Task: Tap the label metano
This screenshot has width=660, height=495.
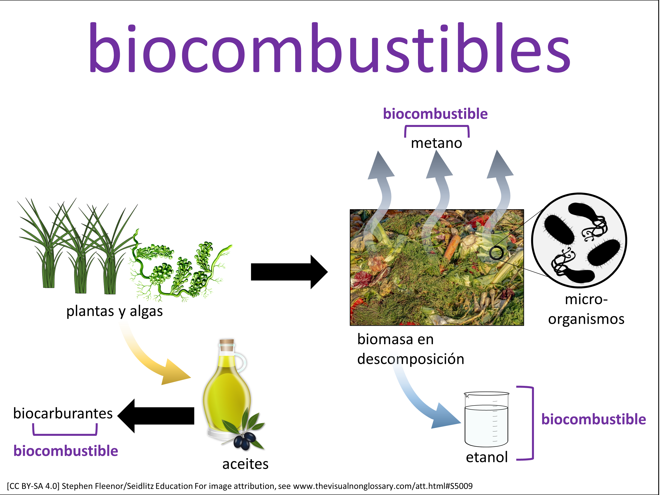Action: tap(436, 143)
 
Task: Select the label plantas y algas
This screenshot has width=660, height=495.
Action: tap(115, 311)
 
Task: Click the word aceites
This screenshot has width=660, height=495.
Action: tap(245, 464)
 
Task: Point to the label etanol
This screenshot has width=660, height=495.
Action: tap(487, 457)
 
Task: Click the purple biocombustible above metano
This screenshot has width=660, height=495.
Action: tap(435, 114)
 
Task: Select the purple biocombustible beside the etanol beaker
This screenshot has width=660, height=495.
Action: tap(594, 419)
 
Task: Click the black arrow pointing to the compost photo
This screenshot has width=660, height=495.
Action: tap(289, 272)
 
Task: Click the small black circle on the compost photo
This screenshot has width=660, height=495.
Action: tap(496, 253)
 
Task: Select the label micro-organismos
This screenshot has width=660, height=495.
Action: tap(586, 309)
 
